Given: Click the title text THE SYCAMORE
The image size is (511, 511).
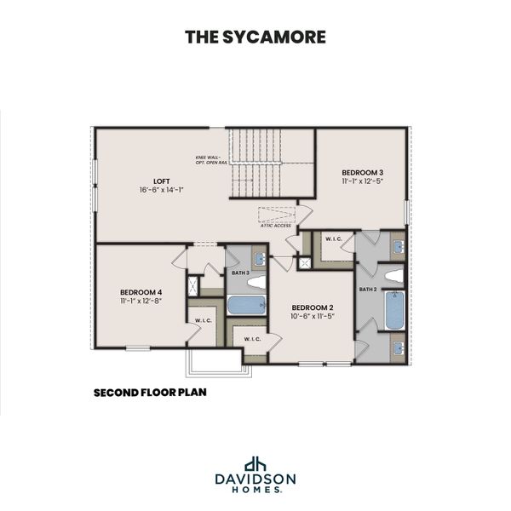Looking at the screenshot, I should pyautogui.click(x=255, y=37).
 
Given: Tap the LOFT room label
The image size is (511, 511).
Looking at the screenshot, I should pyautogui.click(x=162, y=181).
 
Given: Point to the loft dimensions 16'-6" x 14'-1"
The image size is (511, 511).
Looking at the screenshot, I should pyautogui.click(x=162, y=190).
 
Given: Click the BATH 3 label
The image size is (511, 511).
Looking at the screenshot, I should pyautogui.click(x=240, y=273).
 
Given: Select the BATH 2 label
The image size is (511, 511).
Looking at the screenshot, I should pyautogui.click(x=367, y=290).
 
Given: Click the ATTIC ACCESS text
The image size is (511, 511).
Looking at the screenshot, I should pyautogui.click(x=276, y=226).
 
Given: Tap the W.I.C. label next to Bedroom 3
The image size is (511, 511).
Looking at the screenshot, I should pyautogui.click(x=332, y=239).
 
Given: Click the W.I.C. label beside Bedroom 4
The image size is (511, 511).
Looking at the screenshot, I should pyautogui.click(x=203, y=321).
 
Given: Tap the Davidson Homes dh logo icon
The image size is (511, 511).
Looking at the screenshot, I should pyautogui.click(x=255, y=465).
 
